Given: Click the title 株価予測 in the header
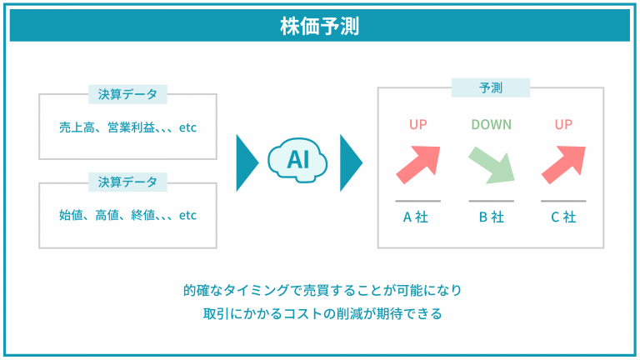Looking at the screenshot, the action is click(320, 26).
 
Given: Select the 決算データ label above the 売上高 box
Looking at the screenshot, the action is click(127, 94).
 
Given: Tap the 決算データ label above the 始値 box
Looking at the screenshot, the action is click(127, 182).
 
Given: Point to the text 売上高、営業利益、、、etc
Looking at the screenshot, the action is click(127, 127).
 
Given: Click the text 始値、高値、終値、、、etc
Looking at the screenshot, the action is click(127, 215).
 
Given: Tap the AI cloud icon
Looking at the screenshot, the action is click(297, 160).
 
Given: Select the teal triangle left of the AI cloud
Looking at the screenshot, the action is click(247, 162).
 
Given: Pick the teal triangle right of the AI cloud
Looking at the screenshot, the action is click(351, 162).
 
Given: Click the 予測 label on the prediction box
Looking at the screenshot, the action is click(491, 87).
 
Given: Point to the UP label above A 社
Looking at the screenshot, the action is click(418, 124).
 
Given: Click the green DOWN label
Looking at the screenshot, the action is click(492, 124).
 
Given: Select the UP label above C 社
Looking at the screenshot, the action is click(563, 124).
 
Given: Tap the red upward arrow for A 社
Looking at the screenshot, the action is click(419, 164).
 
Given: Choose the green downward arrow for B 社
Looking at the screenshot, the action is click(492, 165).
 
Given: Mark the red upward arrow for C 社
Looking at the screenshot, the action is click(564, 164).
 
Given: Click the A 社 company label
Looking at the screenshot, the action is click(416, 217).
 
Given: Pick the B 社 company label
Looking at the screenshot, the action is click(492, 217).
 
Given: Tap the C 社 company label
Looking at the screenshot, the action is click(563, 217).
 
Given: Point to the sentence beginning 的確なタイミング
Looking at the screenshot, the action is click(322, 290).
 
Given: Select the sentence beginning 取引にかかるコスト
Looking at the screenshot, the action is click(322, 313).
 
